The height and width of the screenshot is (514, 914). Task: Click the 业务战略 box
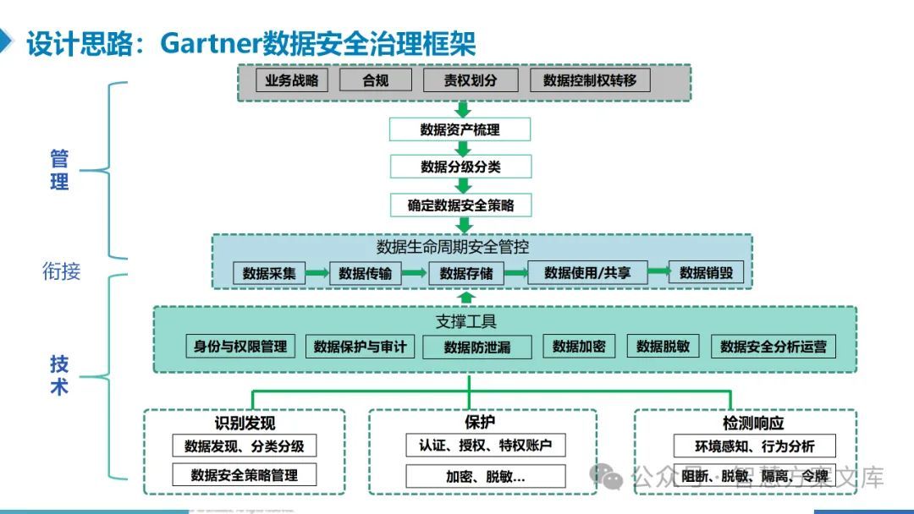pyautogui.click(x=292, y=80)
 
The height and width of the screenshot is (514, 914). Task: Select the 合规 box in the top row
pyautogui.click(x=375, y=80)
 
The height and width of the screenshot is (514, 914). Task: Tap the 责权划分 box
pyautogui.click(x=471, y=80)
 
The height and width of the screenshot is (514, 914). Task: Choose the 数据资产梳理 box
pyautogui.click(x=460, y=129)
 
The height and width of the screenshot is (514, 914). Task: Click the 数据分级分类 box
pyautogui.click(x=460, y=167)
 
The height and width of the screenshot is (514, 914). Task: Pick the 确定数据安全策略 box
pyautogui.click(x=460, y=205)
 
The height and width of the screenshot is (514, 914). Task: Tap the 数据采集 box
pyautogui.click(x=269, y=273)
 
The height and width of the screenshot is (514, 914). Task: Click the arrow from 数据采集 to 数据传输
pyautogui.click(x=317, y=273)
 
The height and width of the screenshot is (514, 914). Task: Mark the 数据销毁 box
pyautogui.click(x=706, y=272)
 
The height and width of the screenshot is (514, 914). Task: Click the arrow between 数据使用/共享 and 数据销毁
pyautogui.click(x=660, y=272)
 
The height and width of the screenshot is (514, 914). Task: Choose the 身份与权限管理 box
pyautogui.click(x=240, y=346)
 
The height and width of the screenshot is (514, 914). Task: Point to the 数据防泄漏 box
pyautogui.click(x=477, y=347)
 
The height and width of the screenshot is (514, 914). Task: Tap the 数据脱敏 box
pyautogui.click(x=663, y=346)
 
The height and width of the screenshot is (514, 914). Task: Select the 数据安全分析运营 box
pyautogui.click(x=773, y=347)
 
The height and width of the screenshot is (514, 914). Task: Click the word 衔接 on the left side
pyautogui.click(x=62, y=271)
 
